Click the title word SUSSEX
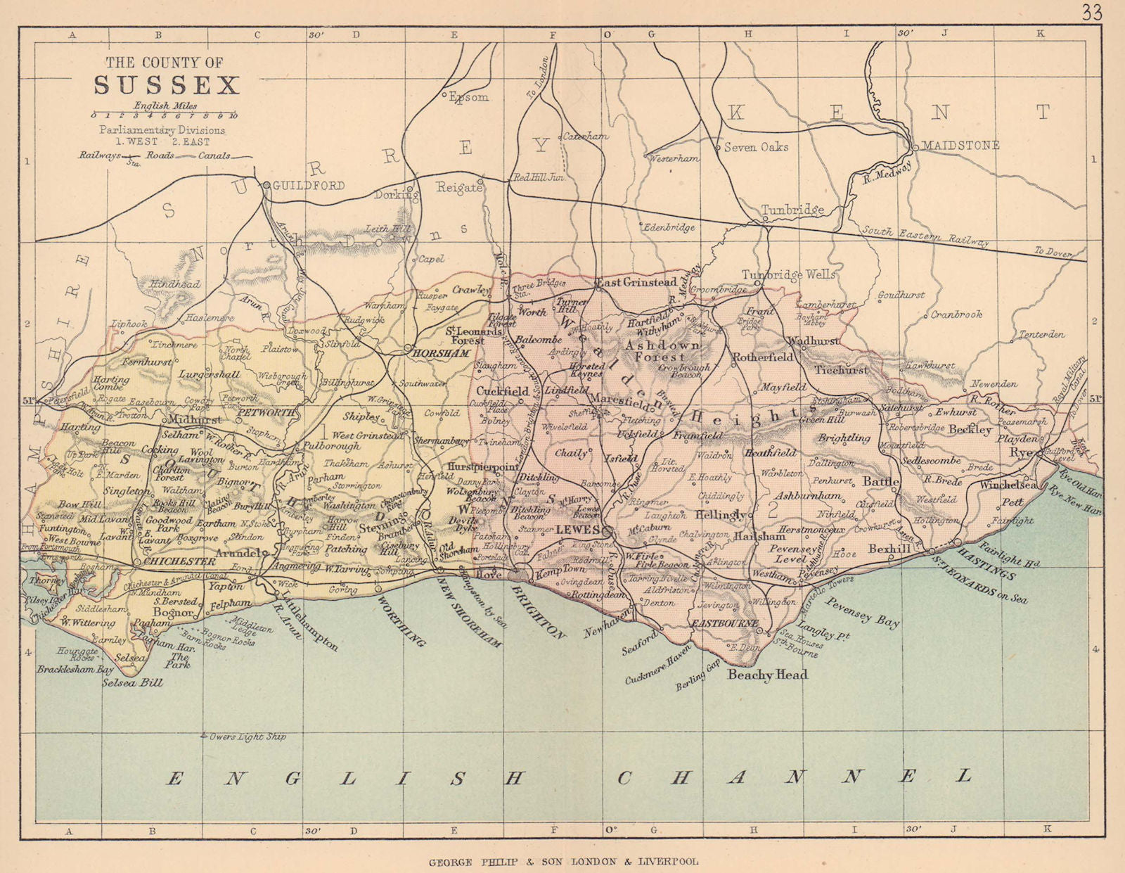point(167,85)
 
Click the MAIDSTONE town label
point(960,146)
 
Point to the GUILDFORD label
point(308,186)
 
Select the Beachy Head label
point(767,675)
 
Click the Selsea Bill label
point(133,682)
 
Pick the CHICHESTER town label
point(179,561)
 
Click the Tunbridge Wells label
point(789,274)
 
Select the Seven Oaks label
point(756,147)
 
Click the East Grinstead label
point(636,282)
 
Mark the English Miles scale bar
point(166,115)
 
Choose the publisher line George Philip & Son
point(563,861)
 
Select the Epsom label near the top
point(469,97)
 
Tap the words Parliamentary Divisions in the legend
point(162,130)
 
